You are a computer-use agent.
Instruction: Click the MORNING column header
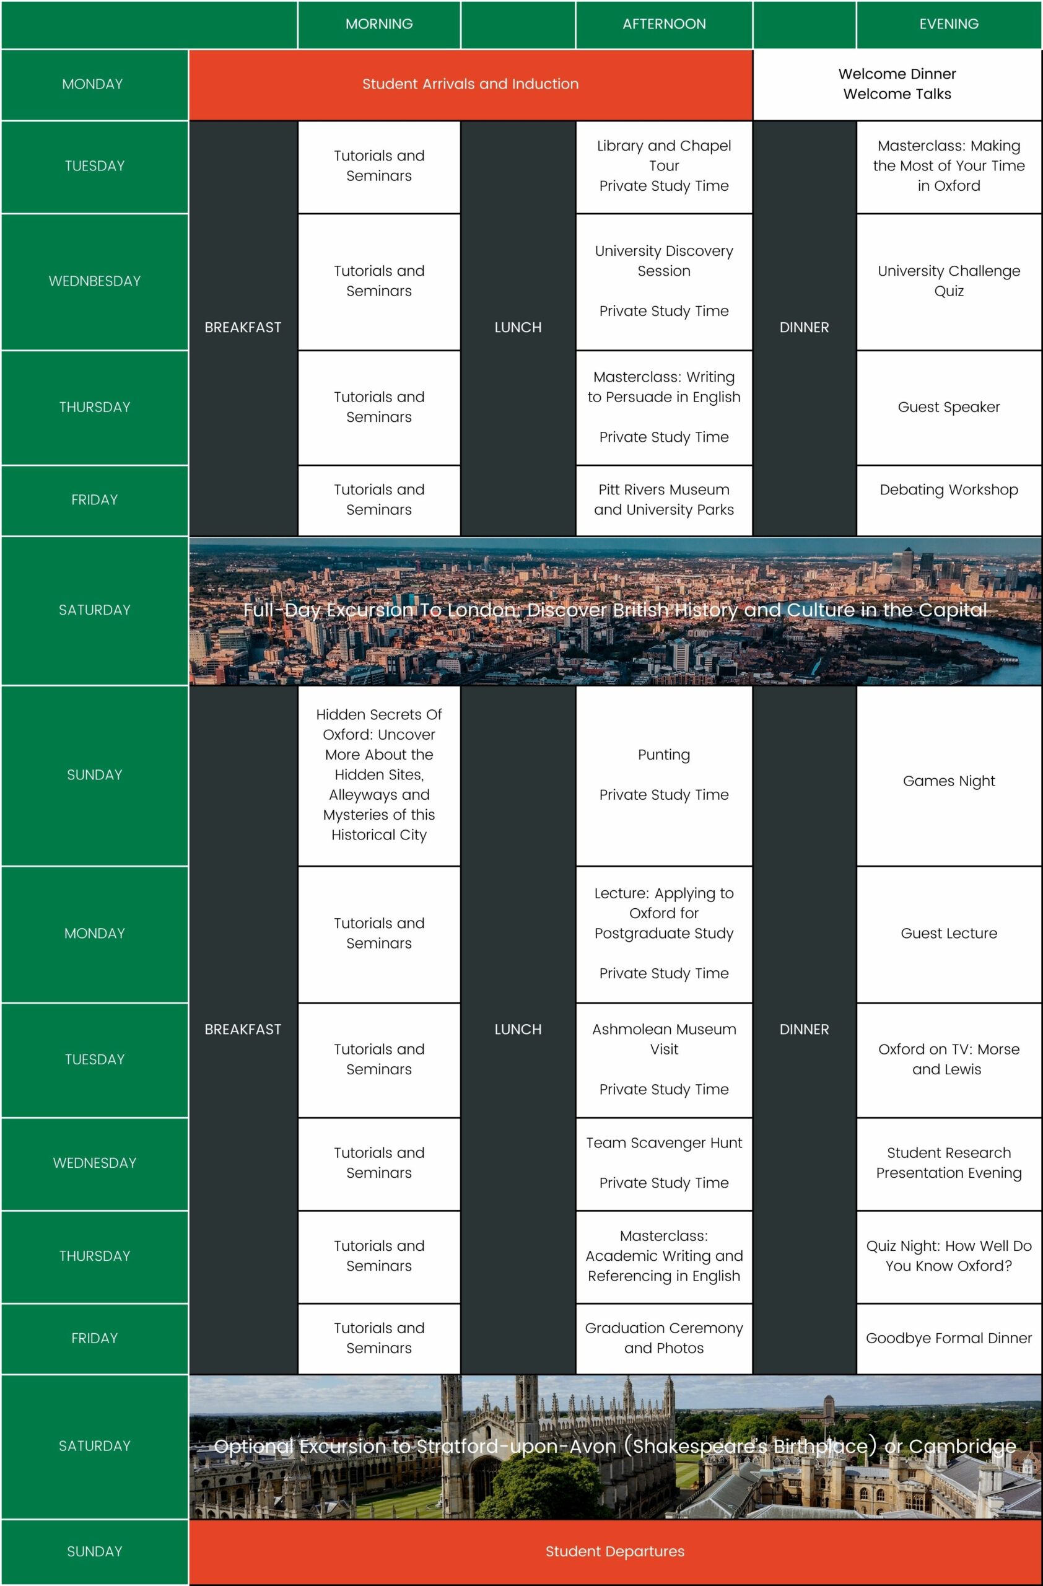pyautogui.click(x=379, y=24)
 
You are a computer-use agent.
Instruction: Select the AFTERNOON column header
pyautogui.click(x=663, y=24)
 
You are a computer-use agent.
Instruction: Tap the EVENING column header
pyautogui.click(x=948, y=24)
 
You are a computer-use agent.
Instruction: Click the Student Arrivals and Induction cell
pyautogui.click(x=470, y=84)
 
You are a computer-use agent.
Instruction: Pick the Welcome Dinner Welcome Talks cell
pyautogui.click(x=896, y=84)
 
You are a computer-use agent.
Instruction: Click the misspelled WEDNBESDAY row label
pyautogui.click(x=95, y=281)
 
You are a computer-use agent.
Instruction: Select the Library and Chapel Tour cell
pyautogui.click(x=663, y=166)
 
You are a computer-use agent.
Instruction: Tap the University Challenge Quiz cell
pyautogui.click(x=948, y=281)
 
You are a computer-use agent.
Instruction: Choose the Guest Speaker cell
pyautogui.click(x=948, y=407)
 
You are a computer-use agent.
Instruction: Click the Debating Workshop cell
pyautogui.click(x=948, y=490)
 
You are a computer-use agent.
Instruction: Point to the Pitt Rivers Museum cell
pyautogui.click(x=663, y=500)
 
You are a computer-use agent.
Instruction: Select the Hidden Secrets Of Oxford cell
pyautogui.click(x=379, y=774)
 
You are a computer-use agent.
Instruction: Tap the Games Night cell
pyautogui.click(x=948, y=781)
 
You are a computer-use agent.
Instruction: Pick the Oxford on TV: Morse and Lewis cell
pyautogui.click(x=948, y=1059)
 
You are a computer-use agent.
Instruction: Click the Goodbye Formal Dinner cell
pyautogui.click(x=948, y=1338)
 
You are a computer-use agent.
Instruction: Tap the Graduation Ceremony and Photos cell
pyautogui.click(x=663, y=1338)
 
